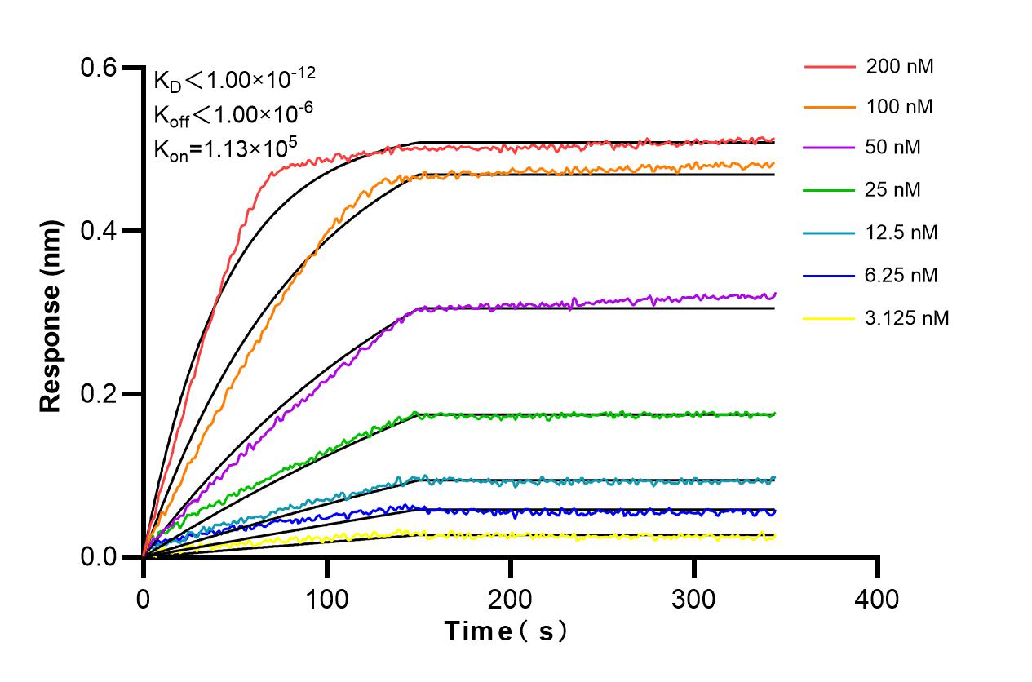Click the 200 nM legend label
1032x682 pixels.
pos(900,66)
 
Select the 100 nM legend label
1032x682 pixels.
pos(900,108)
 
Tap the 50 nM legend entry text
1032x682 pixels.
pos(894,148)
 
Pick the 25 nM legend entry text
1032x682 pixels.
pos(894,190)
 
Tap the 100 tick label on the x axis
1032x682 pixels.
pos(326,600)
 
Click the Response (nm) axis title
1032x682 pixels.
pos(52,312)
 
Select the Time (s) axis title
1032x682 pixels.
pos(506,632)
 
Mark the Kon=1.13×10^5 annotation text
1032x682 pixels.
pos(225,148)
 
